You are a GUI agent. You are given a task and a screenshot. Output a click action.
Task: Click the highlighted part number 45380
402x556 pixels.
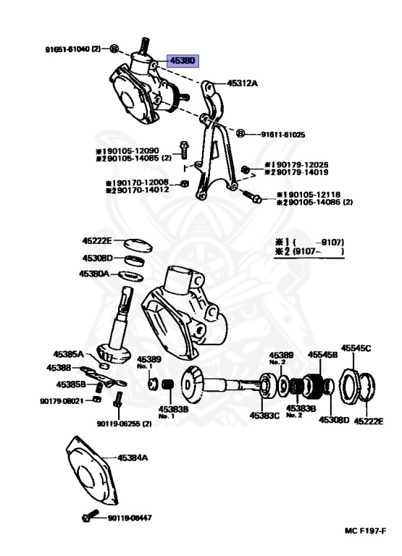point(183,62)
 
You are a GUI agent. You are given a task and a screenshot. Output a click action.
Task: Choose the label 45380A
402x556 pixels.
point(94,274)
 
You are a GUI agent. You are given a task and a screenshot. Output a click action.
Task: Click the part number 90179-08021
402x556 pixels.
point(61,400)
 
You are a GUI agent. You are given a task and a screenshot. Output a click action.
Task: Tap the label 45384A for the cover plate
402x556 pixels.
point(133,458)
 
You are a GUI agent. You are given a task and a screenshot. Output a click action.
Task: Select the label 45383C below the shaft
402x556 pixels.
point(265,416)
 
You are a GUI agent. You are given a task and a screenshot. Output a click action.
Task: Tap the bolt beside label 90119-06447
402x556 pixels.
point(88,517)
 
